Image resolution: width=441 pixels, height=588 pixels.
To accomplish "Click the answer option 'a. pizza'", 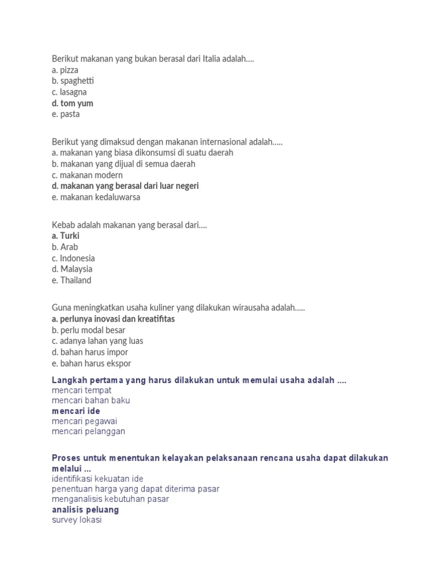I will click(x=65, y=70).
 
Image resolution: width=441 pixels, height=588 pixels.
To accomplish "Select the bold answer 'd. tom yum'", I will click(x=72, y=103).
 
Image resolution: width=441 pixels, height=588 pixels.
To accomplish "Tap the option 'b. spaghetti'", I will click(x=73, y=82).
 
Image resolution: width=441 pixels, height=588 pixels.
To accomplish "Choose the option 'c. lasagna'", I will click(x=69, y=92).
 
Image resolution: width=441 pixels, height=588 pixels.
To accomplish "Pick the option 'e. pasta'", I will click(x=66, y=114).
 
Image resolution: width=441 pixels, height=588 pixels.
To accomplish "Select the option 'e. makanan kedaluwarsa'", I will click(x=96, y=198).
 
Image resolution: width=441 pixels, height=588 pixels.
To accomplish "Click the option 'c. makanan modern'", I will click(x=87, y=175).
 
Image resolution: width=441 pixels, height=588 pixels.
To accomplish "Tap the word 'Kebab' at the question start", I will click(x=63, y=225).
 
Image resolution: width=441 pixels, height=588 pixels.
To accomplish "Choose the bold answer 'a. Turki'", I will click(x=65, y=236).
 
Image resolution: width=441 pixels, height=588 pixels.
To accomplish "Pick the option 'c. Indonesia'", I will click(x=73, y=258).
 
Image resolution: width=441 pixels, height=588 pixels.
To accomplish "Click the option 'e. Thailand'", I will click(x=72, y=281).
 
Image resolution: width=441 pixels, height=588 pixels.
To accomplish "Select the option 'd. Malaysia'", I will click(x=72, y=269).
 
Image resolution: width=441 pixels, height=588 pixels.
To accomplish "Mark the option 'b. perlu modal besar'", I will click(x=88, y=330).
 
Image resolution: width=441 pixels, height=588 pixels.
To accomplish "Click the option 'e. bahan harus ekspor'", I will click(x=91, y=363).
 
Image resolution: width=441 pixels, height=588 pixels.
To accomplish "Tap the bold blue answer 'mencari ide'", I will click(x=76, y=411).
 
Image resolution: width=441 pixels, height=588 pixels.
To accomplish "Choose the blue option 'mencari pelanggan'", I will click(x=88, y=431).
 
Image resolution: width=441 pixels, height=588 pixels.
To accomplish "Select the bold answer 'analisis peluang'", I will click(x=86, y=510).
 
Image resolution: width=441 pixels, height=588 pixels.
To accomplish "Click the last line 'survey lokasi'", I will click(x=77, y=520).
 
